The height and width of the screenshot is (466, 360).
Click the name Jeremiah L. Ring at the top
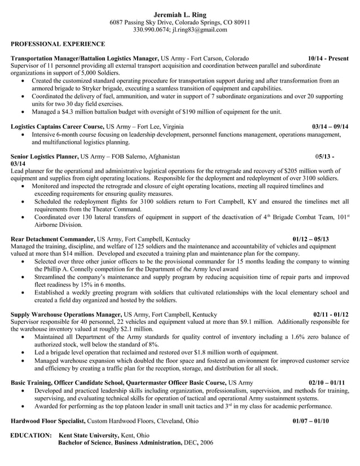[179, 14]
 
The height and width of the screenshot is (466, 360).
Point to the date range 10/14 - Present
[328, 59]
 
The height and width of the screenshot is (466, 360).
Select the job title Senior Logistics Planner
[45, 156]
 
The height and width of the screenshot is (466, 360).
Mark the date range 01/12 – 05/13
[310, 239]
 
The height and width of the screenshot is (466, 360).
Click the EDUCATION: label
[32, 436]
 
